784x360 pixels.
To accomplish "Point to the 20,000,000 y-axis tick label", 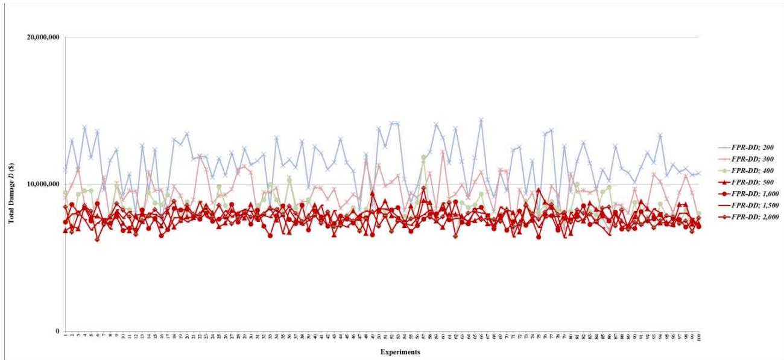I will pos(43,37).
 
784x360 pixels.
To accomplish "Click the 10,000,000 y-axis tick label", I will pos(43,184).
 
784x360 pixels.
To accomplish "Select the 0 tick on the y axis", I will pos(57,331).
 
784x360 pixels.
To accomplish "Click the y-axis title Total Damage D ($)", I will pos(11,184).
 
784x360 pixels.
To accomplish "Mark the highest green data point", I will pos(423,157).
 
